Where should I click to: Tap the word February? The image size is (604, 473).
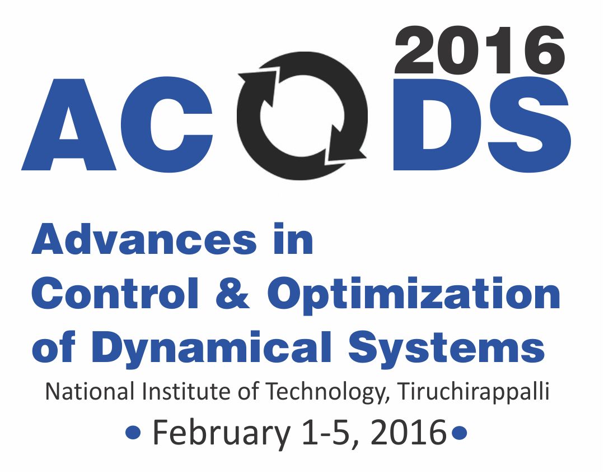click(216, 433)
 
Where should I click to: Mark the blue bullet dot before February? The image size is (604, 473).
click(133, 433)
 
